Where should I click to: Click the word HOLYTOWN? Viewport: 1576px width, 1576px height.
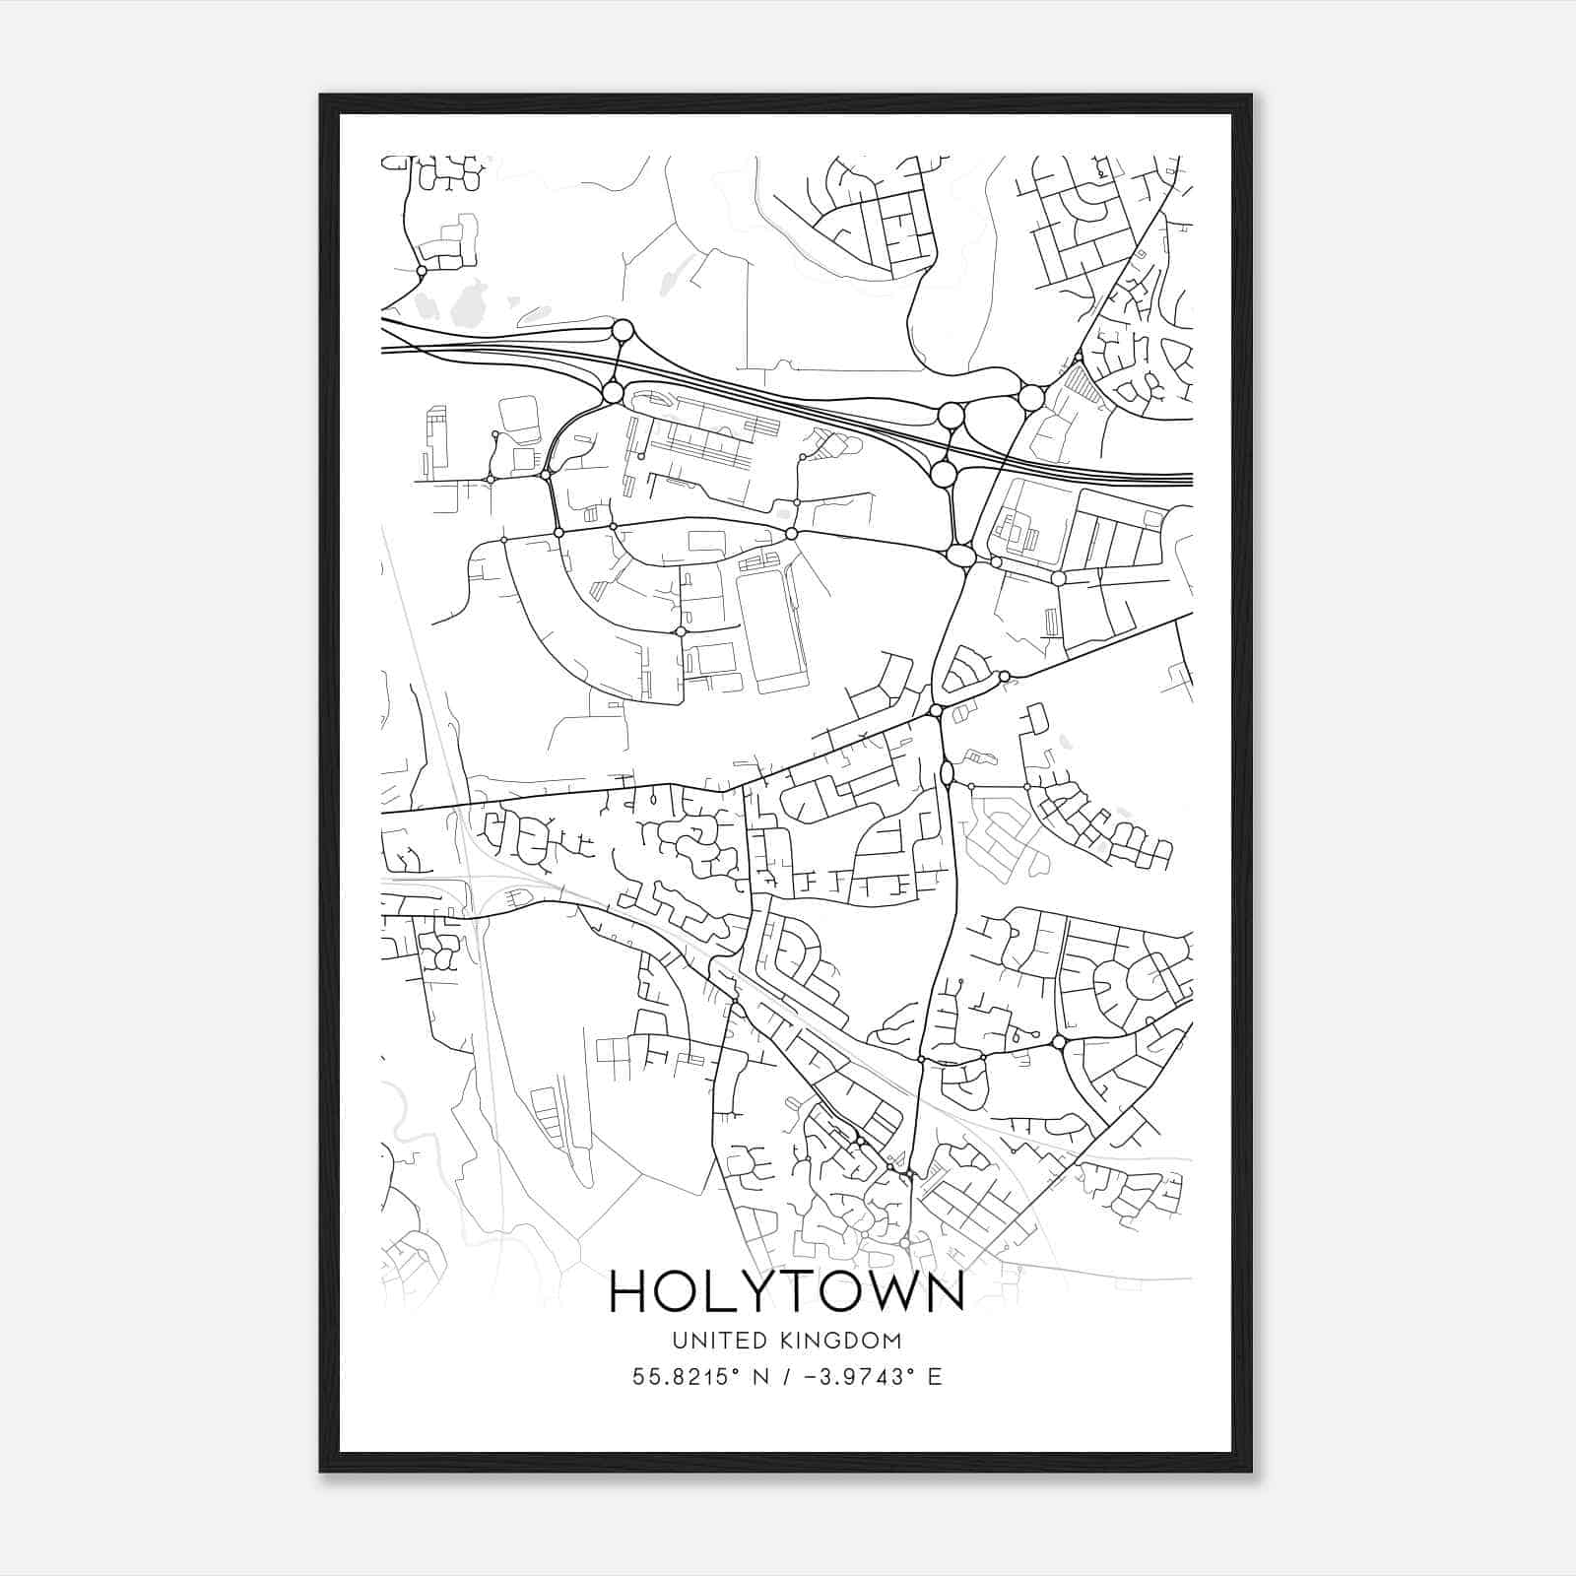coord(787,1291)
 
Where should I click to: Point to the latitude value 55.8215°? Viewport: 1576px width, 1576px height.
coord(686,1376)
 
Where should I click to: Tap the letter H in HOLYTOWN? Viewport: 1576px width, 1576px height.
coord(630,1291)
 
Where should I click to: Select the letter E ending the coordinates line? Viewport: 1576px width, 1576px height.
coord(934,1376)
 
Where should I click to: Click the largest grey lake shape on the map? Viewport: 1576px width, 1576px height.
coord(467,303)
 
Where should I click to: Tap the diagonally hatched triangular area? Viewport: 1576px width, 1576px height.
coord(1084,382)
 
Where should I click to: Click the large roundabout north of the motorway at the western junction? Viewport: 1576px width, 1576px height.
coord(623,330)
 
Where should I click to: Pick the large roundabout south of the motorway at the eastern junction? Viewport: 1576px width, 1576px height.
coord(943,475)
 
